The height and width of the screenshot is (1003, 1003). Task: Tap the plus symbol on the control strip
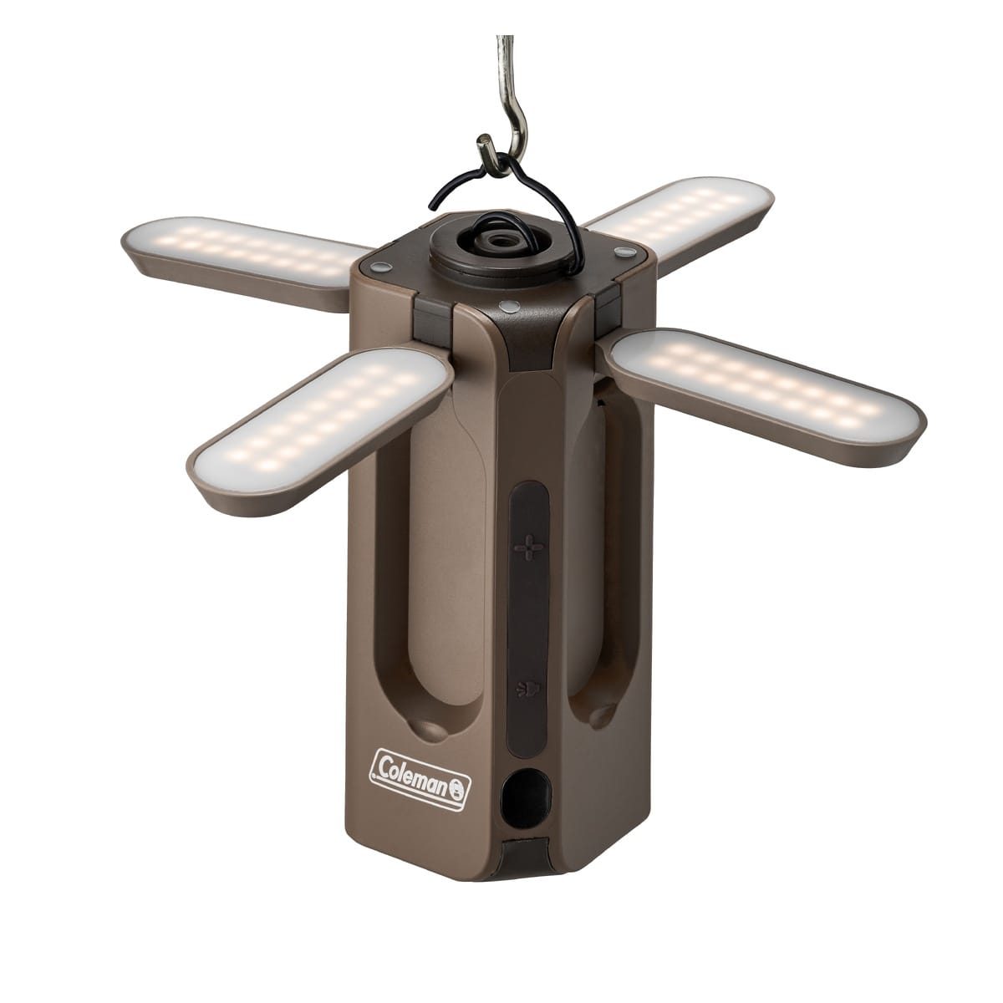click(x=528, y=547)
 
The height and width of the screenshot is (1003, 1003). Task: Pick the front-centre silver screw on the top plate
click(x=507, y=306)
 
